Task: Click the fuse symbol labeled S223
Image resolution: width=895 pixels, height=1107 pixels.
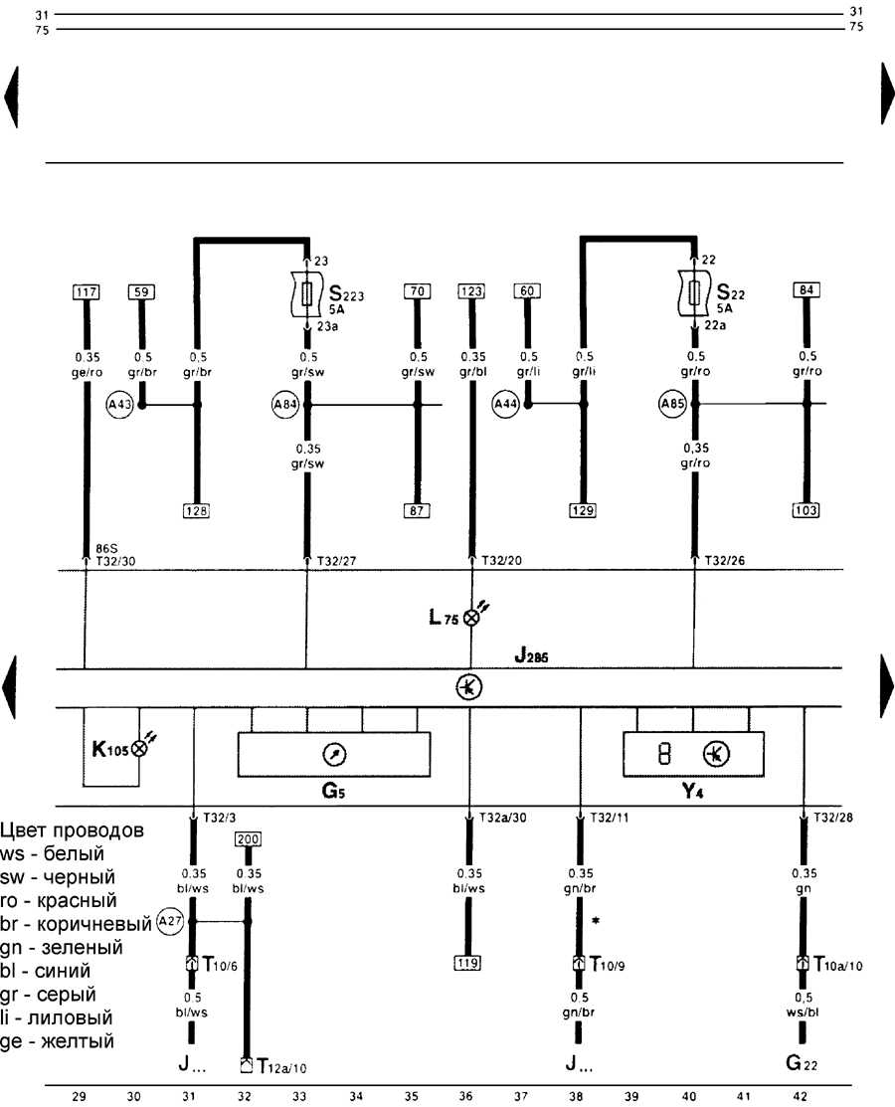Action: [308, 293]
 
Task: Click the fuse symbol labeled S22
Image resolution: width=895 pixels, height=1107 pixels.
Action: [694, 293]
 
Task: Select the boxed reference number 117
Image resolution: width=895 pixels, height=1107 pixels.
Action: [86, 291]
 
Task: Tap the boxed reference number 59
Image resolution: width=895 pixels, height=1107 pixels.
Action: [141, 291]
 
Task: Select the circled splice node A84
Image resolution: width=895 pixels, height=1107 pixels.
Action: [283, 405]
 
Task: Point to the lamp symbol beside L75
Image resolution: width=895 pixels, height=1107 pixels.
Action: [471, 617]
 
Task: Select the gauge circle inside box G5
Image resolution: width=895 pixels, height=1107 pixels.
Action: [333, 755]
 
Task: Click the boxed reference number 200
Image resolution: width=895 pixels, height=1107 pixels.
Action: [248, 839]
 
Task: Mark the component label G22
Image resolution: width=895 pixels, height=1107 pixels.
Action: [800, 1063]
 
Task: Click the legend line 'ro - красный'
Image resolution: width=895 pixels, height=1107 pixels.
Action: [61, 901]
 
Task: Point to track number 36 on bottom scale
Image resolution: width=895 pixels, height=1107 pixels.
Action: [464, 1097]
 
